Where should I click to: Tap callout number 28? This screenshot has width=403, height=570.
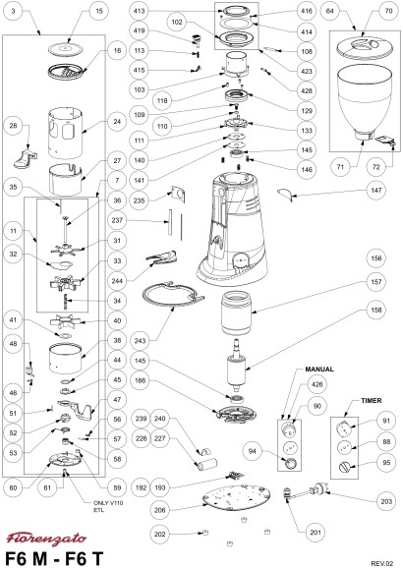[14, 126]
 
